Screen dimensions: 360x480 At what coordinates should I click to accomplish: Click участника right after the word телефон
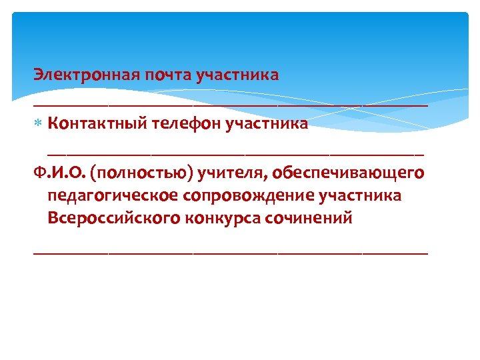click(x=267, y=123)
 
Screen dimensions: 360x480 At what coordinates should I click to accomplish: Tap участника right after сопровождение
click(x=361, y=196)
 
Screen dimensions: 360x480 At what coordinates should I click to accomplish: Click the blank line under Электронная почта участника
click(x=230, y=105)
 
